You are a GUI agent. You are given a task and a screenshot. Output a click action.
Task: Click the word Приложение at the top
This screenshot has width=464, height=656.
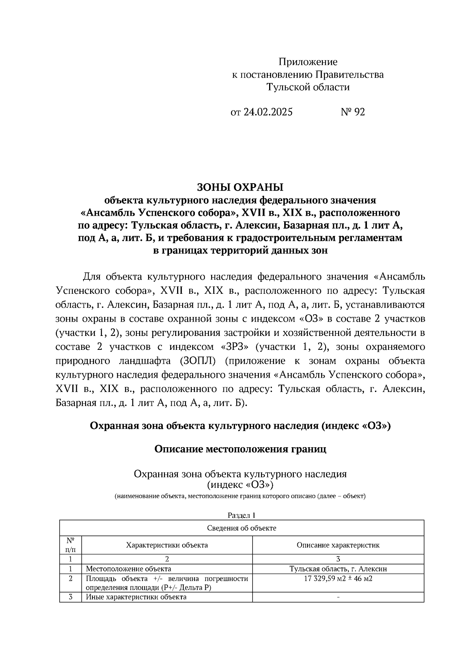tap(308, 62)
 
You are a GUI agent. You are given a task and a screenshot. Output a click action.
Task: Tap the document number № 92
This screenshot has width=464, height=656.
tap(353, 112)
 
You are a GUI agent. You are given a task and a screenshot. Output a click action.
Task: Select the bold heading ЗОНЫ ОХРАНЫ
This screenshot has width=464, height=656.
tap(240, 187)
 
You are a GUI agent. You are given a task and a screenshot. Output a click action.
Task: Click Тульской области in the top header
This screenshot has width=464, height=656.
tap(308, 87)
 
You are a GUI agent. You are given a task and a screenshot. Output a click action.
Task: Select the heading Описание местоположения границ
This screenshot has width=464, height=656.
tap(240, 449)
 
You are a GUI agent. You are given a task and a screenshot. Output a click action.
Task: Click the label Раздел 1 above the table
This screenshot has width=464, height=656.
tap(242, 515)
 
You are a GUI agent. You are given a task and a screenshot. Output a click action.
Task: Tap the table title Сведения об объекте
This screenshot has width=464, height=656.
tap(242, 528)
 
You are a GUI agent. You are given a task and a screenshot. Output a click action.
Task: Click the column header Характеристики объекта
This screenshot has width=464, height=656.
tap(167, 545)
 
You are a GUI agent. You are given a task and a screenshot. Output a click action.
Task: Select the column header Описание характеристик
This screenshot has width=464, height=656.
tap(338, 545)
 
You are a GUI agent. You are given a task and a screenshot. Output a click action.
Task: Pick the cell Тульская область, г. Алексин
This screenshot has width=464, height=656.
tap(338, 569)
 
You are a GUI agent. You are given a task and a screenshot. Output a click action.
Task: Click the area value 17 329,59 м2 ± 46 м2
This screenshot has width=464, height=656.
tap(338, 579)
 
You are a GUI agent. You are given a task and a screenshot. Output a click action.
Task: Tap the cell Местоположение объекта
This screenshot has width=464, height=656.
tap(128, 569)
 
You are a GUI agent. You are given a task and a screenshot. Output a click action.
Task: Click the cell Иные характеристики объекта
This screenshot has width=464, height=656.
tap(136, 597)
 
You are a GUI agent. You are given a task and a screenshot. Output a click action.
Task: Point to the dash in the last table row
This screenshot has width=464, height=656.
tap(338, 597)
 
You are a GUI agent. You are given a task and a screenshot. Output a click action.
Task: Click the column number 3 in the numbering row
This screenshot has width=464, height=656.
tap(338, 559)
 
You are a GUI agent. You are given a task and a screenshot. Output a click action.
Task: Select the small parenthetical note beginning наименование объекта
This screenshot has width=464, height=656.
tap(240, 496)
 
